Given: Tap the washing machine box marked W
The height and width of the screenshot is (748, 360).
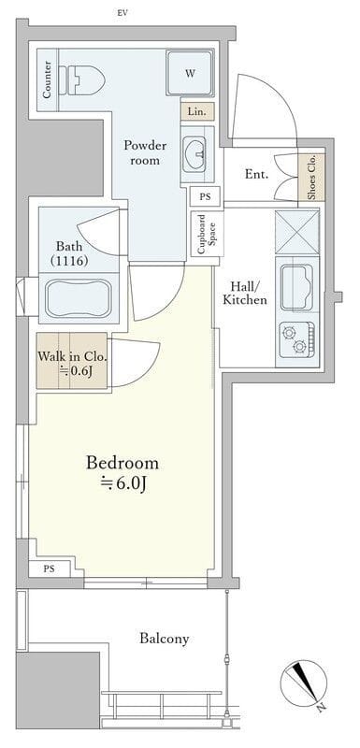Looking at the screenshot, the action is pos(190,74).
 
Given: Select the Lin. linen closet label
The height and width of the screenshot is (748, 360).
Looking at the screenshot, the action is pos(197,112).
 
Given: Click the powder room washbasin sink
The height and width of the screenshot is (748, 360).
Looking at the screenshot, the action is pos(195,152).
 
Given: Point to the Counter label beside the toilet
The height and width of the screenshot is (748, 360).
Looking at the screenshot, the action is pos(47,79).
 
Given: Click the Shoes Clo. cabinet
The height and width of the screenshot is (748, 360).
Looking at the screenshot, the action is pos(311,177).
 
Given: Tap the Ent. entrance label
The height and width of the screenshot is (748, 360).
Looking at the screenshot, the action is pos(256,174).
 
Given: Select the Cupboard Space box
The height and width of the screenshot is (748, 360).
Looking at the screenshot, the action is pos(207,235).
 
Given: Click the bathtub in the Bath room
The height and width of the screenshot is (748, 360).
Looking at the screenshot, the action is pos(79,298).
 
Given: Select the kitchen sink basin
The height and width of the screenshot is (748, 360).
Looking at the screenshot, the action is pos(297,287).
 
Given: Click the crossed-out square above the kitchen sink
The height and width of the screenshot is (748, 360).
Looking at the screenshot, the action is pos(297,232).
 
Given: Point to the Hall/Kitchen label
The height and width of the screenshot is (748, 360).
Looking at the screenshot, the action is pos(246,294).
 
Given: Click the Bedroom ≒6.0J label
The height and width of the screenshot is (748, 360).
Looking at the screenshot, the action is pos(122,472).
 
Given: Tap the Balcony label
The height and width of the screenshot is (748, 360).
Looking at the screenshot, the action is pos(165,639).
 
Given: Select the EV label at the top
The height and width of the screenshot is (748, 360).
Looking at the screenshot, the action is pos(122,13).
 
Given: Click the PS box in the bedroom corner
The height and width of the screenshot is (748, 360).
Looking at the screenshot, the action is pos(50,568).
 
